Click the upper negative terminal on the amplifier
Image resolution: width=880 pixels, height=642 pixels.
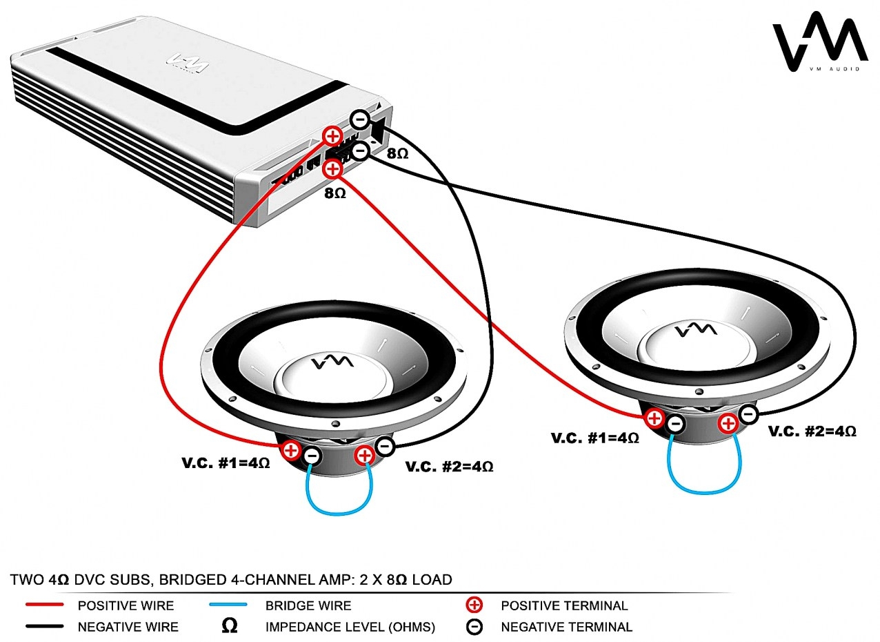(359, 119)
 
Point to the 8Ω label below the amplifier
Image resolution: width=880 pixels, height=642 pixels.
(335, 193)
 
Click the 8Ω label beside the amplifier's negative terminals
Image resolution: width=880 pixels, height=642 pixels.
(397, 153)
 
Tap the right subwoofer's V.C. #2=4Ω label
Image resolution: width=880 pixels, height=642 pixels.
(812, 431)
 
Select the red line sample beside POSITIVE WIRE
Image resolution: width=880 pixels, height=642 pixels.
(45, 605)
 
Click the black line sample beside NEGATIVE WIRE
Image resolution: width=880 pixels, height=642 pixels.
(45, 627)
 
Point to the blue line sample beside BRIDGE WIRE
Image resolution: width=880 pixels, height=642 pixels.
(232, 605)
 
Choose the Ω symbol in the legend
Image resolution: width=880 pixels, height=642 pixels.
(230, 626)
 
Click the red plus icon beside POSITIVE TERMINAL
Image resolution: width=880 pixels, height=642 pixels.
(475, 605)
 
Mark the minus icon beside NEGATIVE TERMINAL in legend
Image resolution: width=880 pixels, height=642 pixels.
(475, 627)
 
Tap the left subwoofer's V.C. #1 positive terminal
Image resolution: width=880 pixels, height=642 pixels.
(291, 451)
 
